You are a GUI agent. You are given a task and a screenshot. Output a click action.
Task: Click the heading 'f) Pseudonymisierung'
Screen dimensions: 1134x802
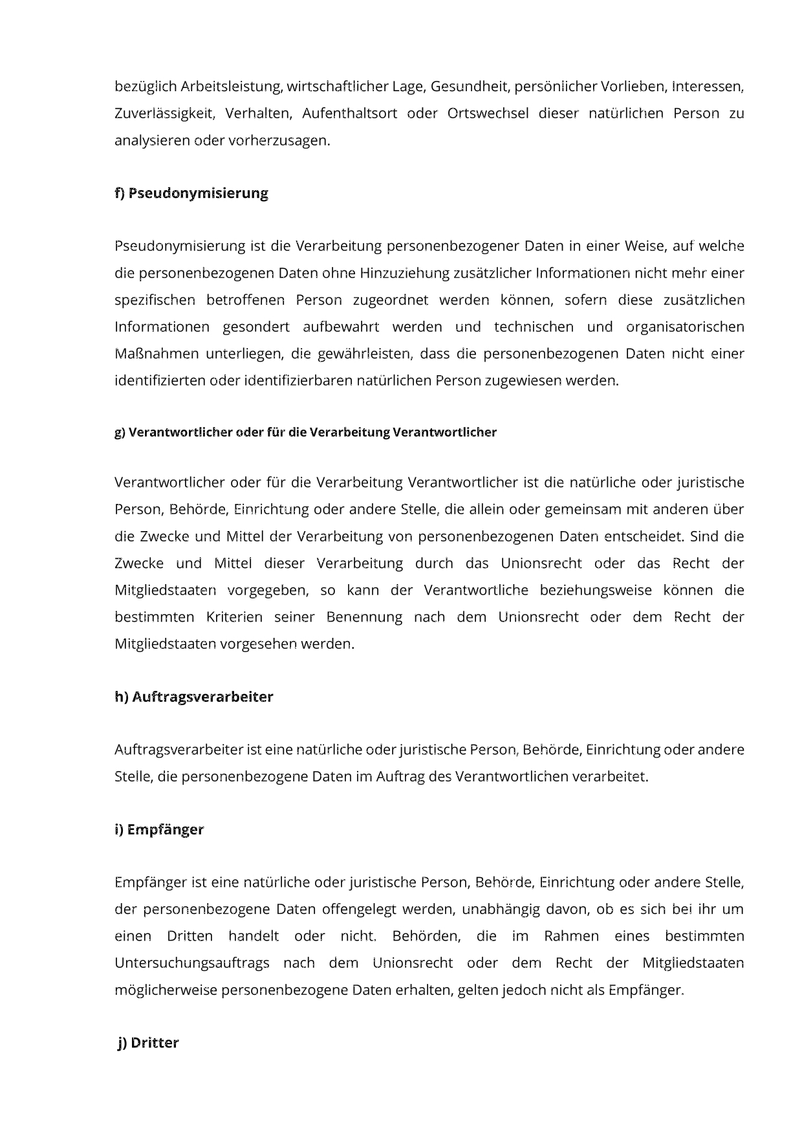pyautogui.click(x=191, y=193)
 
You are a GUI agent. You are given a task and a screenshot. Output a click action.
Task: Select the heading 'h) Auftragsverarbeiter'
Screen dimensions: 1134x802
pyautogui.click(x=193, y=697)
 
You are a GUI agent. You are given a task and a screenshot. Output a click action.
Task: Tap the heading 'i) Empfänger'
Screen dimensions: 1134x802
pyautogui.click(x=159, y=829)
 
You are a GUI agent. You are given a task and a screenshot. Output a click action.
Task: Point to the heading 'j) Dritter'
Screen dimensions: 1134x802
pyautogui.click(x=148, y=1042)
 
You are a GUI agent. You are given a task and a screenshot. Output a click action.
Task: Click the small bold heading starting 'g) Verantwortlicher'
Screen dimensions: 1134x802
pyautogui.click(x=305, y=432)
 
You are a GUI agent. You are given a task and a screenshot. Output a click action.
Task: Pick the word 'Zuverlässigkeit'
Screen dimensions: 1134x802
pyautogui.click(x=164, y=113)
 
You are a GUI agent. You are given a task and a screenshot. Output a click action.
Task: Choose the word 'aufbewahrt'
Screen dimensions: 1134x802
pyautogui.click(x=341, y=327)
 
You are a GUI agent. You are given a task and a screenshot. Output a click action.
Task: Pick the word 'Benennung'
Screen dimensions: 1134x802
pyautogui.click(x=364, y=617)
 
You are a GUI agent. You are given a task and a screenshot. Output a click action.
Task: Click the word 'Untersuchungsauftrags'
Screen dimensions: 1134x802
pyautogui.click(x=192, y=963)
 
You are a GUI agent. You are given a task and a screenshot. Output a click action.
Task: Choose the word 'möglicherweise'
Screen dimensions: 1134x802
pyautogui.click(x=166, y=990)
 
